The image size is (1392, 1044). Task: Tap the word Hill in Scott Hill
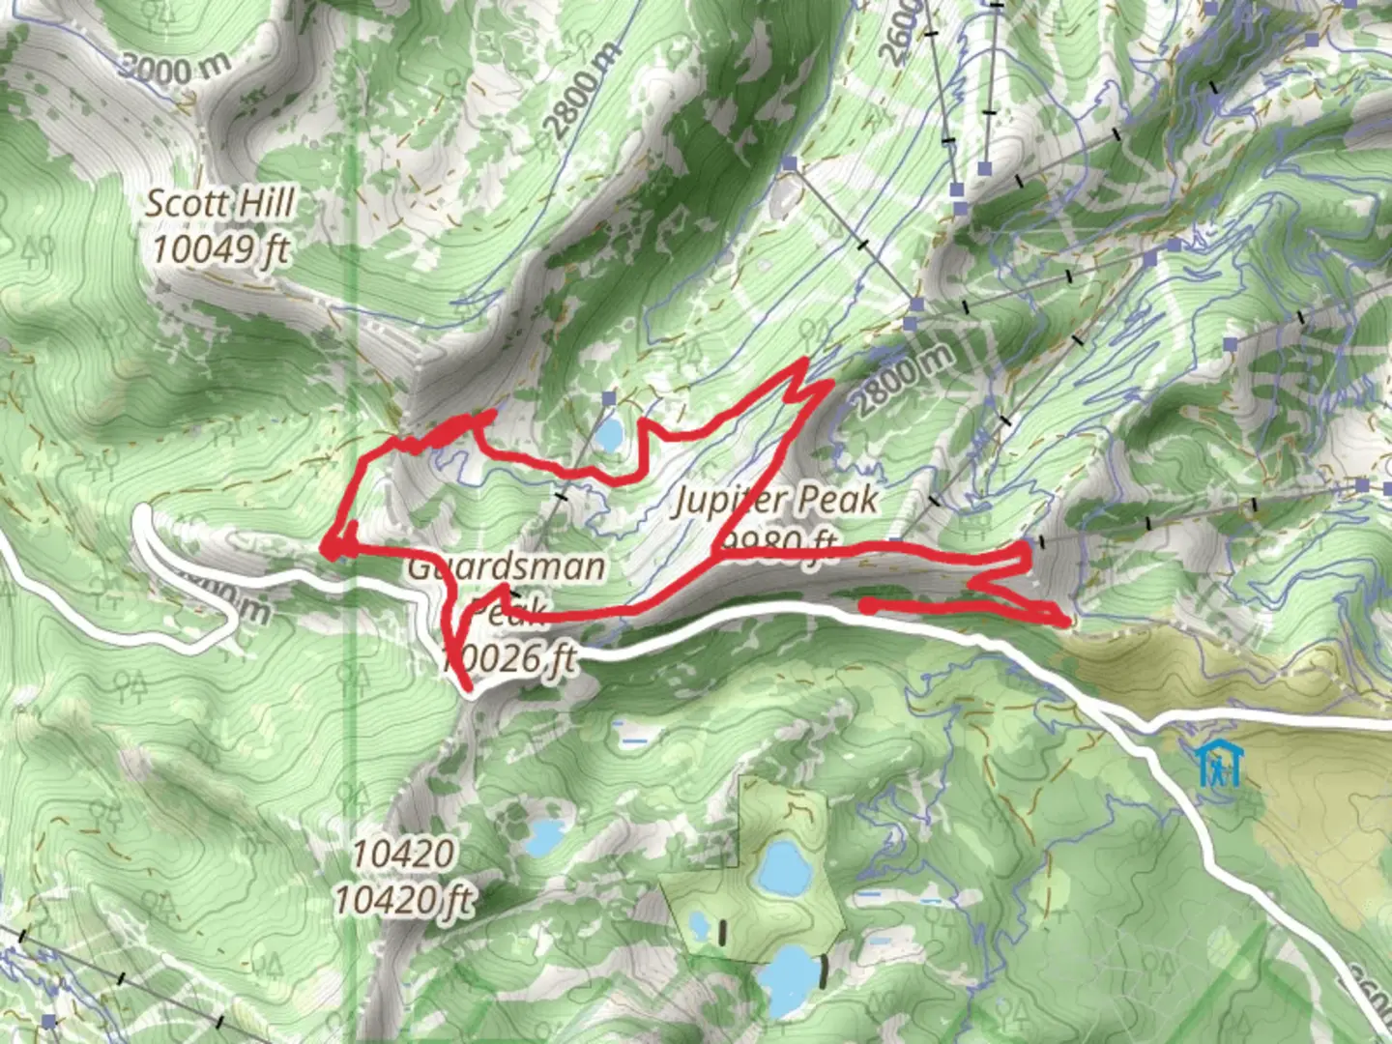[261, 204]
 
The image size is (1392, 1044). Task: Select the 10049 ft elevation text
[220, 249]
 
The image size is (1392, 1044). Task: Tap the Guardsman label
[506, 565]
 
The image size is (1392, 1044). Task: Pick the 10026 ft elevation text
[509, 659]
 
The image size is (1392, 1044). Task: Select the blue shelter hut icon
[1219, 765]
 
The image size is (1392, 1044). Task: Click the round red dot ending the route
[869, 606]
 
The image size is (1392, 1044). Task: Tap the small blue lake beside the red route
[610, 436]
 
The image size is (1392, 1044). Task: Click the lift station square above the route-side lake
[608, 398]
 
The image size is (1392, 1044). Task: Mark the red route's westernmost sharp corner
[330, 551]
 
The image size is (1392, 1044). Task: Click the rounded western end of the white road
[144, 511]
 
